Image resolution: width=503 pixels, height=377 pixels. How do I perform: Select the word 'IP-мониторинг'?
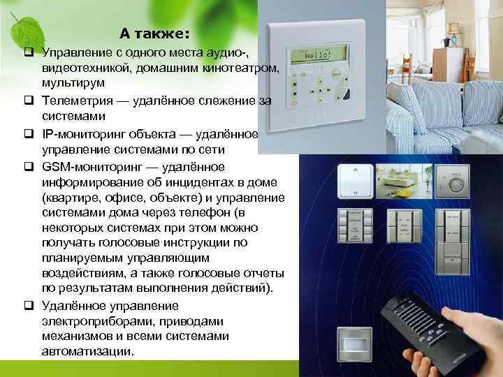(x=83, y=135)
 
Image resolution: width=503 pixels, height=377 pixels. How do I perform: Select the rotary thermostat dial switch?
(x=457, y=183)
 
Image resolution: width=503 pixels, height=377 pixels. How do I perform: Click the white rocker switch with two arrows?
(x=357, y=183)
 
